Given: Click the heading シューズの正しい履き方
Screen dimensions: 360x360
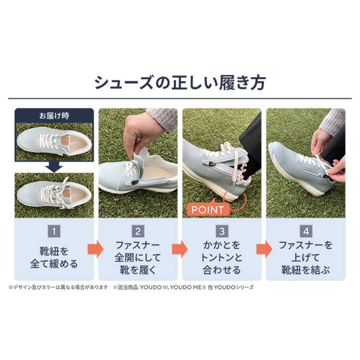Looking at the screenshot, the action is pyautogui.click(x=180, y=83).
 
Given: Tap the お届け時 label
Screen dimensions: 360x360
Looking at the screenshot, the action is pyautogui.click(x=54, y=115).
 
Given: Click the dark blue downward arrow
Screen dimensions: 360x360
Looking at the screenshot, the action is pyautogui.click(x=54, y=167).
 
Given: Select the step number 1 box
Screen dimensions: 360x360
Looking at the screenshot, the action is pyautogui.click(x=54, y=232).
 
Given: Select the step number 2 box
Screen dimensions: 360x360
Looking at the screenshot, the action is pyautogui.click(x=138, y=232).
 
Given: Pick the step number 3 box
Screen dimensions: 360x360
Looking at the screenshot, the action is pyautogui.click(x=222, y=232).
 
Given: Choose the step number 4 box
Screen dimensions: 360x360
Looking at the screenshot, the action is pyautogui.click(x=306, y=232).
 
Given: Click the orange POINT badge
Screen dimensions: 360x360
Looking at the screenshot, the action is pyautogui.click(x=208, y=209).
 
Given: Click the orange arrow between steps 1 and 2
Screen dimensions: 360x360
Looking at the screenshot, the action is pyautogui.click(x=95, y=249).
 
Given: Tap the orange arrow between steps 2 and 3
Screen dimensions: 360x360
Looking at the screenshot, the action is pyautogui.click(x=180, y=249).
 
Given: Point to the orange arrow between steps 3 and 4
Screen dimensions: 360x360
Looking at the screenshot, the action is pyautogui.click(x=264, y=249).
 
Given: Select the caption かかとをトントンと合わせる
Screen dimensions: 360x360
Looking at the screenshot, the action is pyautogui.click(x=222, y=258).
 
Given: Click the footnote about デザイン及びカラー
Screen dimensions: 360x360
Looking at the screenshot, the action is pyautogui.click(x=58, y=287).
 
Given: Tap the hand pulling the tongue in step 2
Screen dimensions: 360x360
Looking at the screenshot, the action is pyautogui.click(x=143, y=131).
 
